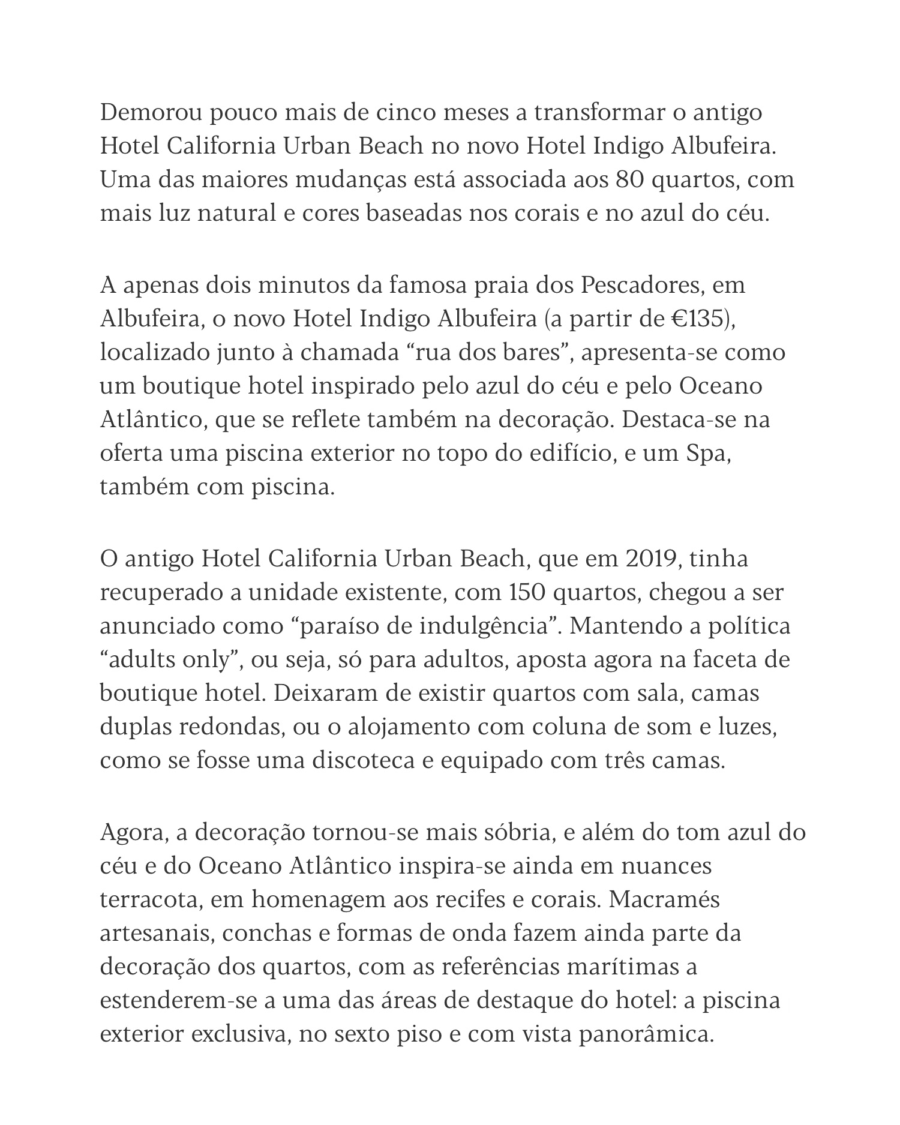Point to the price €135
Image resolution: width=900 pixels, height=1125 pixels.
pos(697,318)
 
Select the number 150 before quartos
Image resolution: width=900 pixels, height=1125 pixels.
pos(527,593)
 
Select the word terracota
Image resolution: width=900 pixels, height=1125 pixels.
pos(149,901)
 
